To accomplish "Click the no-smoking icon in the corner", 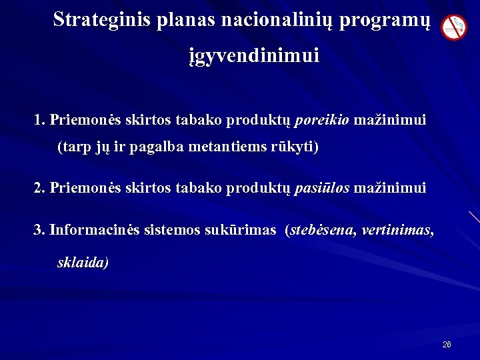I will (x=454, y=27).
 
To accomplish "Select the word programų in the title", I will (x=381, y=19).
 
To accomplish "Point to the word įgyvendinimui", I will (x=253, y=55).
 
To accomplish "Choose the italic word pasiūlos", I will (x=321, y=188).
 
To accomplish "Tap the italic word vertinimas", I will (x=398, y=230).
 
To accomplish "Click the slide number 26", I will (x=446, y=345).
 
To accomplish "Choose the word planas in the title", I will (x=181, y=19).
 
